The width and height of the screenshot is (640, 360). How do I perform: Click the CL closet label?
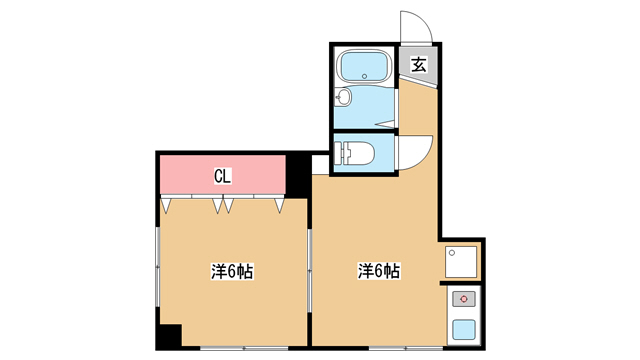pos(222,176)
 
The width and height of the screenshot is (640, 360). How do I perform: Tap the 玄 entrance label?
pos(419,64)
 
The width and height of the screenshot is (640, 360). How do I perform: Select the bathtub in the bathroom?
pos(364,65)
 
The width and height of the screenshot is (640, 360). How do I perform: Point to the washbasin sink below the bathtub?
pos(343,98)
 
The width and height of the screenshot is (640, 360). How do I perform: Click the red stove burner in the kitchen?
pos(464,299)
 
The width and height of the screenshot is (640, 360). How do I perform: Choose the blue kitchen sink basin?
pos(464,329)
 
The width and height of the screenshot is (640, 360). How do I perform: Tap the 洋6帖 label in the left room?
pos(232,271)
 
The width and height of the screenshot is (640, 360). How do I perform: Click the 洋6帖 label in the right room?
pos(379,270)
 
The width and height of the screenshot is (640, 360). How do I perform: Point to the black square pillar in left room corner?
pos(170,335)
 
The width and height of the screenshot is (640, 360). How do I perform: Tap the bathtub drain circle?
pos(364,76)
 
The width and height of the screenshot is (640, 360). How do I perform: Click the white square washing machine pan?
pos(461,262)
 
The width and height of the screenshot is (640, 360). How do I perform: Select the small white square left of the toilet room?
pos(320,164)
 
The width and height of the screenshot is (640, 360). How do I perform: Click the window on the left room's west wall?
pos(158,267)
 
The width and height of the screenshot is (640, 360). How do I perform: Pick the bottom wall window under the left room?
pos(244,348)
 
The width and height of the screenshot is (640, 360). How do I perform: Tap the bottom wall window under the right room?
pos(406,348)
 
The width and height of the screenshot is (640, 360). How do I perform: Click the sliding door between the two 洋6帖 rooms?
pos(309,270)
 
